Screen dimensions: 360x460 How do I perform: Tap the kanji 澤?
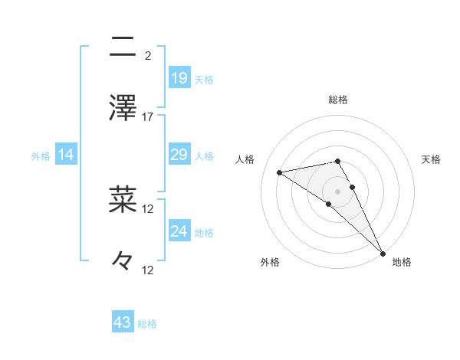(x=123, y=108)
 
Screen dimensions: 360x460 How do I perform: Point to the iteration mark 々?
(x=123, y=261)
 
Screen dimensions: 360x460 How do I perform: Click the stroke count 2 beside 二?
(x=147, y=55)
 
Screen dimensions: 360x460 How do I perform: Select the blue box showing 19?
(x=179, y=78)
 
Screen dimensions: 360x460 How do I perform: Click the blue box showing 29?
(x=179, y=155)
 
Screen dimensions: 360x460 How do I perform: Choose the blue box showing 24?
(x=179, y=231)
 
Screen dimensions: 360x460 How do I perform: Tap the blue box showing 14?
(x=66, y=155)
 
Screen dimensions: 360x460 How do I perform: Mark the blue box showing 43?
(x=123, y=323)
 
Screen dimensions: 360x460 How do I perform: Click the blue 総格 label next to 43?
(x=147, y=324)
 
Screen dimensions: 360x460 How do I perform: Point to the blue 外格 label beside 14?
(x=41, y=155)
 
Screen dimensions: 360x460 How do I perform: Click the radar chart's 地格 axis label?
(x=402, y=262)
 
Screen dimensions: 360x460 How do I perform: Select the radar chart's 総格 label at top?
(x=338, y=100)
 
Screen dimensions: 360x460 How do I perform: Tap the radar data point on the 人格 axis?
(x=280, y=172)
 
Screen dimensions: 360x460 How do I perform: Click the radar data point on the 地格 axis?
(x=382, y=252)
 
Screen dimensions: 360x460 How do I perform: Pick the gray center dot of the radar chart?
(x=338, y=191)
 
